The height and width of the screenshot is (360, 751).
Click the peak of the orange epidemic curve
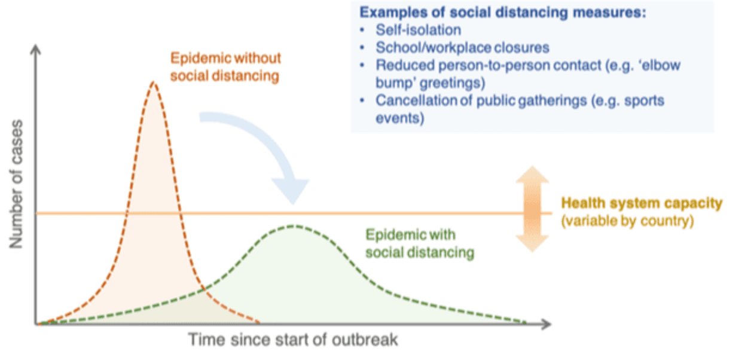coord(154,82)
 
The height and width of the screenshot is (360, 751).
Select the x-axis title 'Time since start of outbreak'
coord(294,340)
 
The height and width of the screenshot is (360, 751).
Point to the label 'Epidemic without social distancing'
coord(226,68)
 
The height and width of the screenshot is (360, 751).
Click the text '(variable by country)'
coord(627,221)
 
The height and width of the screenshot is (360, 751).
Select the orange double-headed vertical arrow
coord(532,208)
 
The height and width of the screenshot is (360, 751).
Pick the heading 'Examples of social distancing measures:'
coord(503,13)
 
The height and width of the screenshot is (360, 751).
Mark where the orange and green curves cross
coord(204,289)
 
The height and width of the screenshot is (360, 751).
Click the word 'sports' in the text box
coord(643,100)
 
